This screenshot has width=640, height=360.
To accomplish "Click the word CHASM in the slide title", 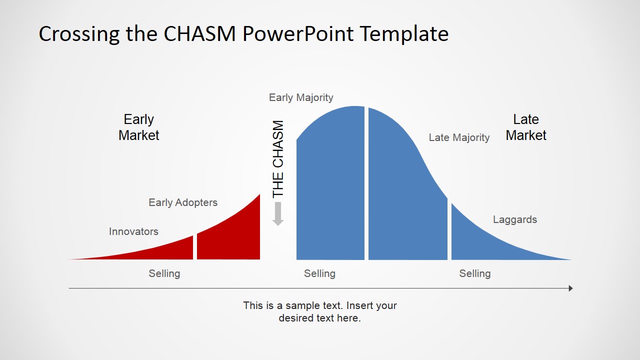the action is (x=199, y=33).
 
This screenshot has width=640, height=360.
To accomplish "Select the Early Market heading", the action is (x=139, y=127).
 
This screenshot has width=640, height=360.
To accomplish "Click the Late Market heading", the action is (x=526, y=127).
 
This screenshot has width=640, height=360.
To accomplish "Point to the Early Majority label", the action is (x=301, y=97).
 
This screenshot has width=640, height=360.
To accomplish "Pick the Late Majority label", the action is (x=459, y=137).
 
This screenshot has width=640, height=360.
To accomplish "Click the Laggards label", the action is (x=515, y=219).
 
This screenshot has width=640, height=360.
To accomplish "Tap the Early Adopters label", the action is (x=183, y=202).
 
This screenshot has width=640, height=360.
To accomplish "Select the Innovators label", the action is (x=133, y=231).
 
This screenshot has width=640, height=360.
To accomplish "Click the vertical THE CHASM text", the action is (x=278, y=159).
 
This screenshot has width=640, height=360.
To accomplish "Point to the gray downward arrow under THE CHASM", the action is (x=277, y=213).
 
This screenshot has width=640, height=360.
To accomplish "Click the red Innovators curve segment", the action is (x=160, y=251).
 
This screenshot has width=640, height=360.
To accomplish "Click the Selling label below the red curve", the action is (x=164, y=273).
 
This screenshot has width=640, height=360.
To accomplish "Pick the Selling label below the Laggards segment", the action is (x=475, y=273).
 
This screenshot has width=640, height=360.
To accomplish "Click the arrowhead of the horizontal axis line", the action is (x=570, y=288).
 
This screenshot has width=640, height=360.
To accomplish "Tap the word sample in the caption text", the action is (x=313, y=306).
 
